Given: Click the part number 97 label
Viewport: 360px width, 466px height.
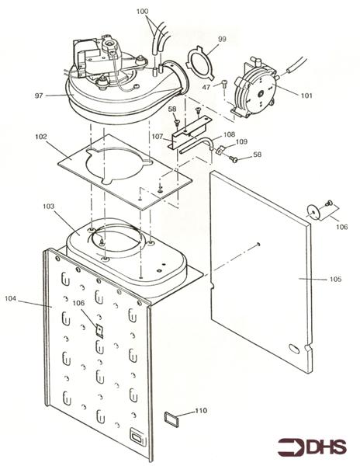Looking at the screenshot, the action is pyautogui.click(x=39, y=96).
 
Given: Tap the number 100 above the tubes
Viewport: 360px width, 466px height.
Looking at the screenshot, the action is pyautogui.click(x=143, y=12).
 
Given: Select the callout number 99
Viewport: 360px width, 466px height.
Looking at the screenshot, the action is pyautogui.click(x=222, y=39).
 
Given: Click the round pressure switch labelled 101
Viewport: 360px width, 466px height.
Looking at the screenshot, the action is pyautogui.click(x=254, y=90).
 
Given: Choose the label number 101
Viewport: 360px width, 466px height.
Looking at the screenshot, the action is pyautogui.click(x=306, y=96).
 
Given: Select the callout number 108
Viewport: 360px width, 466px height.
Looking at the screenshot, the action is pyautogui.click(x=229, y=134).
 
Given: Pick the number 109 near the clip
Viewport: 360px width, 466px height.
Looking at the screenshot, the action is pyautogui.click(x=241, y=141).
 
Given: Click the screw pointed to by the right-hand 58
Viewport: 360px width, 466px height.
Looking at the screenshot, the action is pyautogui.click(x=234, y=159).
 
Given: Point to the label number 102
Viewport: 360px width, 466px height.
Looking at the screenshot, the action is pyautogui.click(x=41, y=137).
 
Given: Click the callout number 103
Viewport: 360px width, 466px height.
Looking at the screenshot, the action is pyautogui.click(x=49, y=206).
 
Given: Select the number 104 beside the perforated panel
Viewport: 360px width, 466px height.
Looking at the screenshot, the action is pyautogui.click(x=10, y=298).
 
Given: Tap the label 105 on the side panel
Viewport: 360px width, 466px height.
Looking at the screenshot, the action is pyautogui.click(x=335, y=279).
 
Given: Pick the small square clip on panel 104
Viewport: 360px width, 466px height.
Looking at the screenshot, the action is pyautogui.click(x=99, y=331).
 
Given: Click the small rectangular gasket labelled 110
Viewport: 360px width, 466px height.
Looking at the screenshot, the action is pyautogui.click(x=171, y=420).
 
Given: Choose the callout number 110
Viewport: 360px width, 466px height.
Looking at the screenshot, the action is pyautogui.click(x=201, y=410).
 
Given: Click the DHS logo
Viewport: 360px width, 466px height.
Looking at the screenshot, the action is pyautogui.click(x=312, y=447).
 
